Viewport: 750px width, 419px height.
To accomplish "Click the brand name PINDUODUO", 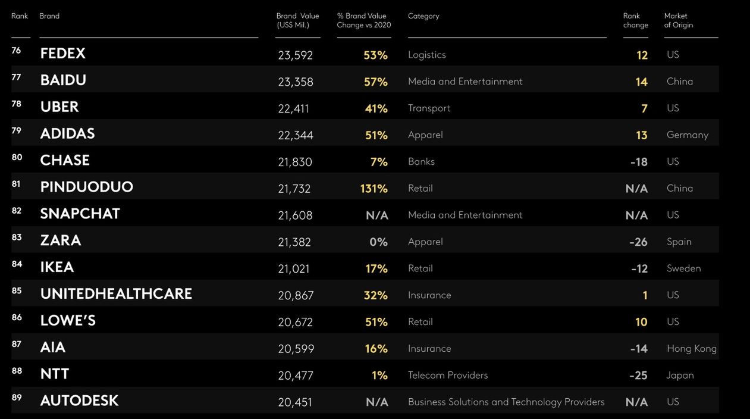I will pos(86,187).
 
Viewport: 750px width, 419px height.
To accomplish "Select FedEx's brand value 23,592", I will pos(295,55).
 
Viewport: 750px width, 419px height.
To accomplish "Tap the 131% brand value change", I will pos(374,189).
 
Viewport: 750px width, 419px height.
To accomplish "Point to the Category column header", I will pos(423,16).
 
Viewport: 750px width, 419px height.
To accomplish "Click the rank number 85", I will pos(17,291).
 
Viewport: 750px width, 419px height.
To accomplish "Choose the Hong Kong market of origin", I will pos(691,349).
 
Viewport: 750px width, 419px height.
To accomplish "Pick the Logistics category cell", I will pos(426,55).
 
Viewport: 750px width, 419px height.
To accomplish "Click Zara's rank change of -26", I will pos(638,242).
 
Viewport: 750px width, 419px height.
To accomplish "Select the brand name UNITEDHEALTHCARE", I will pos(116,294).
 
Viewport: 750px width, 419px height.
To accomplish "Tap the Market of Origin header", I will pos(678,20).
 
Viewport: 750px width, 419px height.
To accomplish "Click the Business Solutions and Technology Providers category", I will pos(506,402).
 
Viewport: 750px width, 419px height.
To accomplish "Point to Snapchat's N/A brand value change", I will pos(377,215).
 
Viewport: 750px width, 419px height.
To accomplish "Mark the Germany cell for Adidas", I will pos(687,135).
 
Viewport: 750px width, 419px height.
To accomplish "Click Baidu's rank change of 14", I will pos(641,82).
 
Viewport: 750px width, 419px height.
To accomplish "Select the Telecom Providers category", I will pos(447,376).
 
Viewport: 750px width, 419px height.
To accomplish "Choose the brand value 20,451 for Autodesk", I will pos(295,403).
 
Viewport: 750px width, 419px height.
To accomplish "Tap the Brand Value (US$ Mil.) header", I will pos(297,20).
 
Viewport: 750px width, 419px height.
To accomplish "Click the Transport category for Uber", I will pos(429,108).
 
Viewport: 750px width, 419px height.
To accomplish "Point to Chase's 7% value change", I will pos(379,162).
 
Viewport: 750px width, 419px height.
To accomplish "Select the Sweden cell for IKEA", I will pos(683,268).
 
